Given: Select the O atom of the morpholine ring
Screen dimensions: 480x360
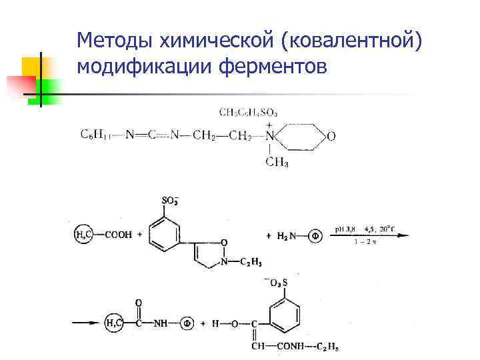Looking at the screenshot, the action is pos(331,136).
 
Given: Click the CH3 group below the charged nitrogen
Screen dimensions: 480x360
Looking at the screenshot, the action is pos(276,162).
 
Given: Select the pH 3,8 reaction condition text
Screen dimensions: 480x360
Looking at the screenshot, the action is pos(349,228).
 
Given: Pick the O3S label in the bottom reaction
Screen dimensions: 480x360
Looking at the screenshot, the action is pos(275,283).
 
